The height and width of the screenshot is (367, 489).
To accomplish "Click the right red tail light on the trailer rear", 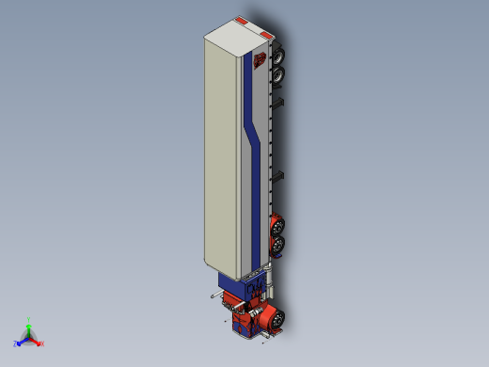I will [266, 36].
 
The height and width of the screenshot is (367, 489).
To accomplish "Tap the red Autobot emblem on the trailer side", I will [258, 63].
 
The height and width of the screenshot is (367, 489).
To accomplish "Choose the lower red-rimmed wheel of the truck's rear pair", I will [278, 245].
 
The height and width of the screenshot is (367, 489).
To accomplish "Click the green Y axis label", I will [30, 319].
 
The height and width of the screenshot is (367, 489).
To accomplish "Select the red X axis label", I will [42, 343].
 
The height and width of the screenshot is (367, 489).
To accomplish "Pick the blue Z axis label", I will [16, 343].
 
